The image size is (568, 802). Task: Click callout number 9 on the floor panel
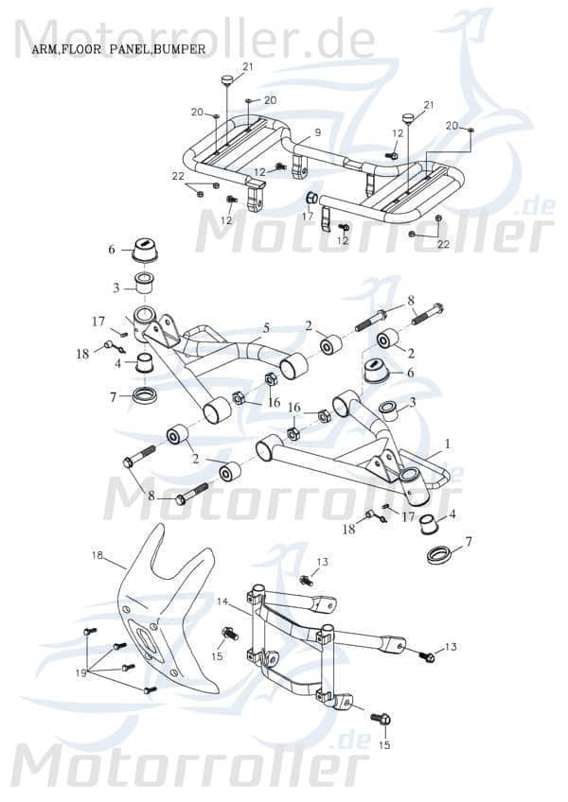[318, 132]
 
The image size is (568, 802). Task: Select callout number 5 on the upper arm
[266, 328]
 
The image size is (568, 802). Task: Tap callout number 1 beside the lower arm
[448, 444]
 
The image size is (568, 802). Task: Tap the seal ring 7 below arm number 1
[439, 553]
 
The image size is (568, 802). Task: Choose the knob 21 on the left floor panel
[227, 78]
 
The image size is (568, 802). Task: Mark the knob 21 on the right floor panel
[409, 118]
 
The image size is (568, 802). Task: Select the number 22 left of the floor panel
[177, 177]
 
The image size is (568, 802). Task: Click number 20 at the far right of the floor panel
[452, 126]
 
